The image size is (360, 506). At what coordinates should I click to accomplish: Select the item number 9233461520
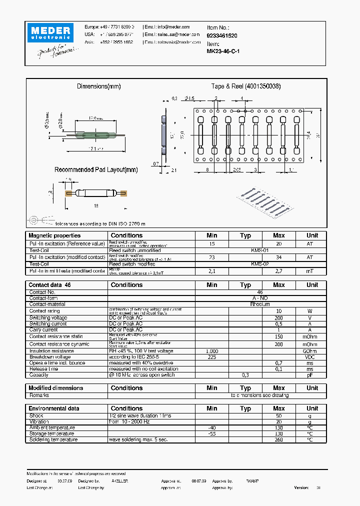click(222, 36)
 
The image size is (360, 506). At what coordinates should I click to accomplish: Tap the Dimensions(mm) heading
click(98, 86)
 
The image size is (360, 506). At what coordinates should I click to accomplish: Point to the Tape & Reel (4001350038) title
click(245, 86)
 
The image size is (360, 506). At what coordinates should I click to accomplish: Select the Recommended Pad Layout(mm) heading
click(95, 170)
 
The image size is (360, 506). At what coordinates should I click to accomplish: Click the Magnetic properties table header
click(54, 235)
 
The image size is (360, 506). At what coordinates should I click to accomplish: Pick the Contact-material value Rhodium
click(260, 304)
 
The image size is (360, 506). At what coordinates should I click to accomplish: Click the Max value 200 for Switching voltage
click(279, 318)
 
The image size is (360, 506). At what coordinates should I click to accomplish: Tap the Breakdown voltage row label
click(50, 357)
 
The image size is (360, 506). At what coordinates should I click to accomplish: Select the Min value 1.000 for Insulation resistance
click(212, 351)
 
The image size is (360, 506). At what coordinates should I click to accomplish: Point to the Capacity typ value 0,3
click(245, 374)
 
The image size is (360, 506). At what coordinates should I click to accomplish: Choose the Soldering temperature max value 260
click(279, 439)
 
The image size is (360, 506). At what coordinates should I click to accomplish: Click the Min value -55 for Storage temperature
click(212, 433)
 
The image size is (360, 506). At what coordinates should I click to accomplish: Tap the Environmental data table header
click(54, 408)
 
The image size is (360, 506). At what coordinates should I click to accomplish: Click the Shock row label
click(36, 415)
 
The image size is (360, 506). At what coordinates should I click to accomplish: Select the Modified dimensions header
click(56, 388)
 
